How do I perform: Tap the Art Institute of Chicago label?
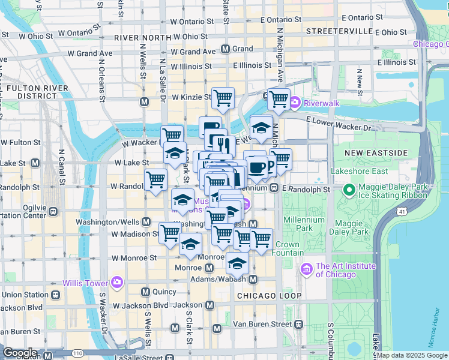point(346,271)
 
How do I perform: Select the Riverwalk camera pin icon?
point(295,103)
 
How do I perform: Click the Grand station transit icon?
point(226,49)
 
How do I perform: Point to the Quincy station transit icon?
point(145,292)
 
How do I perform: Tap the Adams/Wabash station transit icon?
point(253,280)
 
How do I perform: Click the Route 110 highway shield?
point(78,353)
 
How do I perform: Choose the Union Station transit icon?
point(55,295)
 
